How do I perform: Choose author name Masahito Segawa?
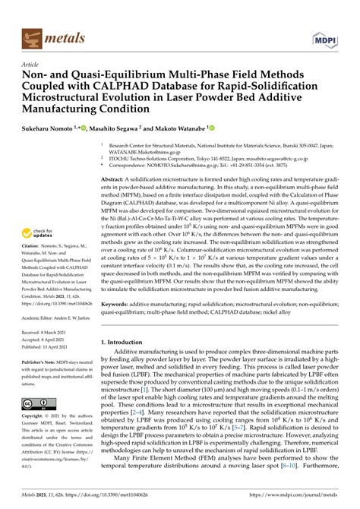pos(119,131)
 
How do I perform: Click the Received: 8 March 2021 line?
pos(44,332)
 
